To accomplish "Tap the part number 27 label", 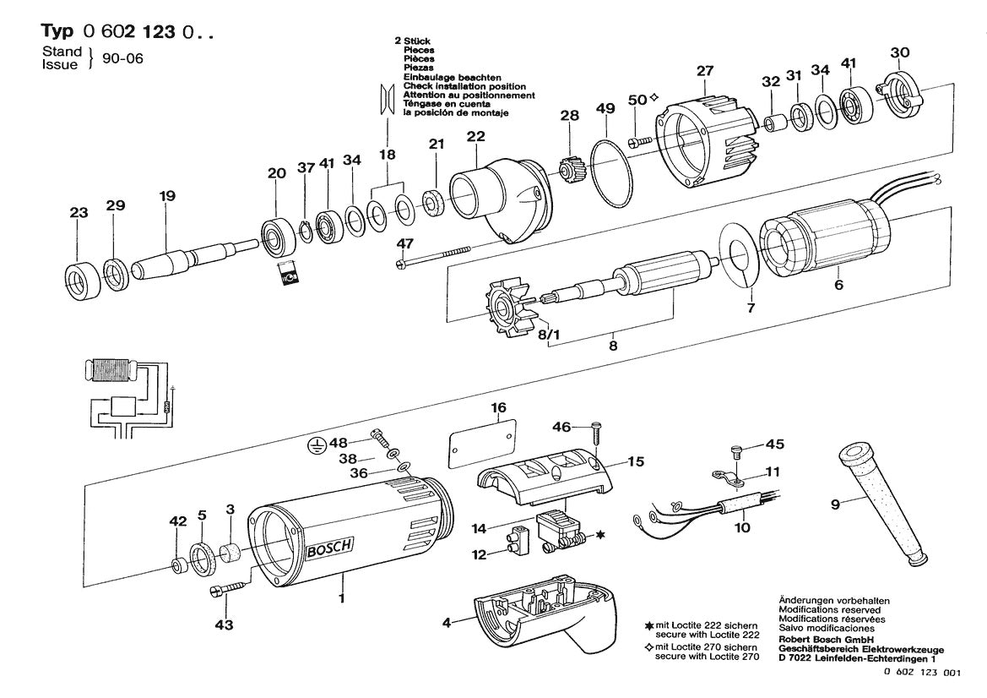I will (705, 72).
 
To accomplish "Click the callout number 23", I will (79, 214).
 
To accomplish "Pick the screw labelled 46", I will (596, 431).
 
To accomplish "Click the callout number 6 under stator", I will (838, 286).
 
